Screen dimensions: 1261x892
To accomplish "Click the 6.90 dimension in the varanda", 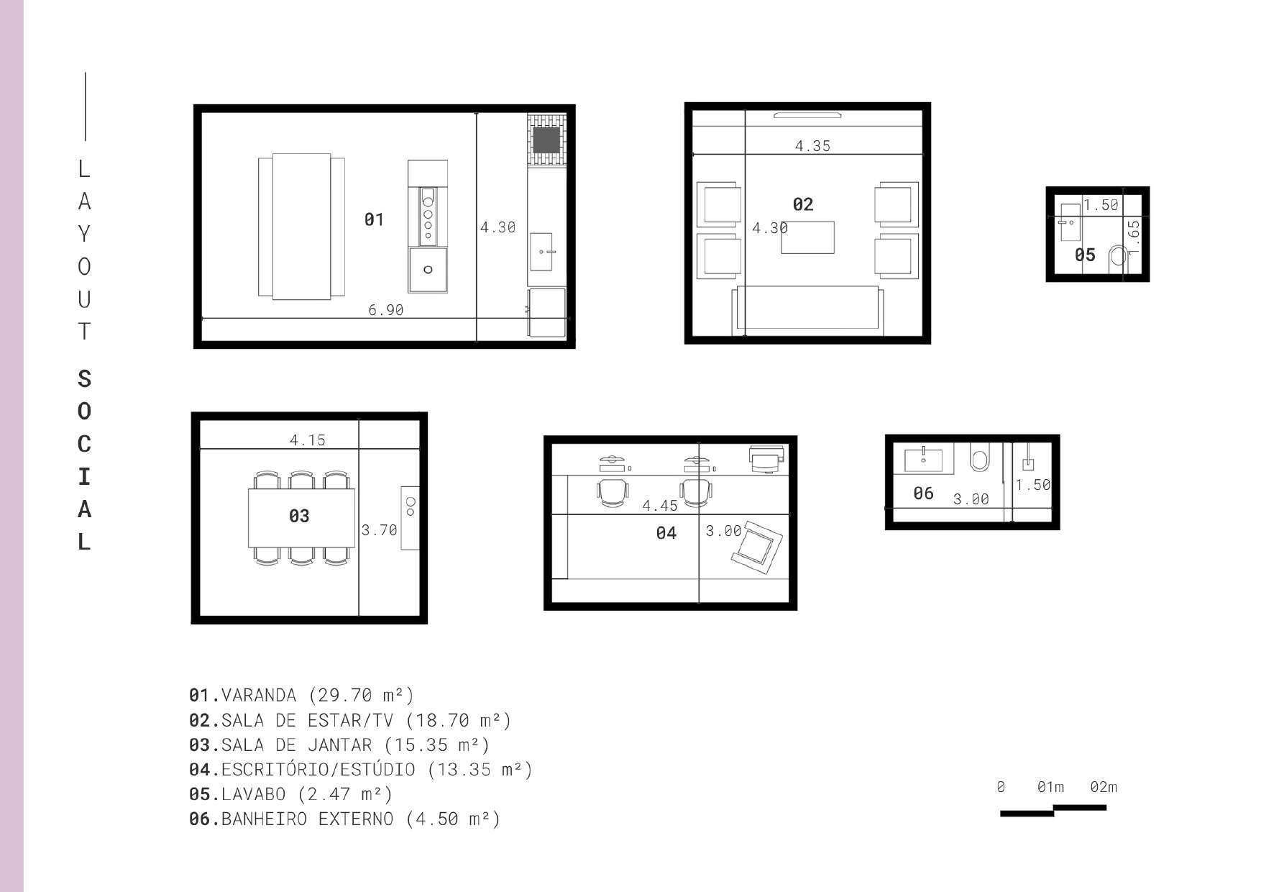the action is pyautogui.click(x=386, y=310).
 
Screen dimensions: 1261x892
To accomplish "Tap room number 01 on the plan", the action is pyautogui.click(x=374, y=219).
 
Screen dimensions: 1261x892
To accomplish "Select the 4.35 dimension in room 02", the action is pyautogui.click(x=812, y=146).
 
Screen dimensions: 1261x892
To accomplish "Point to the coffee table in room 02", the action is pyautogui.click(x=808, y=237).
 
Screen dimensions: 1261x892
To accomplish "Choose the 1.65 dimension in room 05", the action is pyautogui.click(x=1134, y=238).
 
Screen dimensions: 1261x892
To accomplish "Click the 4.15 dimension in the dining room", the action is pyautogui.click(x=308, y=440).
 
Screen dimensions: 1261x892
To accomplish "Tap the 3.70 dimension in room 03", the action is pyautogui.click(x=379, y=530).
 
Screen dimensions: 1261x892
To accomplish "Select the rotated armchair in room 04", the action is pyautogui.click(x=757, y=547).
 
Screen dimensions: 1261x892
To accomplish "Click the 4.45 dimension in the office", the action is pyautogui.click(x=660, y=506).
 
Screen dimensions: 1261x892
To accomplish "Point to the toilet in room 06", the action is pyautogui.click(x=979, y=457).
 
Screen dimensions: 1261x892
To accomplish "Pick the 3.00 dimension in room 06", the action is pyautogui.click(x=971, y=499).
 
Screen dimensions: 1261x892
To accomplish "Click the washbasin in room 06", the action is pyautogui.click(x=924, y=459).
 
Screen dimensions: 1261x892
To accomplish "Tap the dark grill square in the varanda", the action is pyautogui.click(x=546, y=140).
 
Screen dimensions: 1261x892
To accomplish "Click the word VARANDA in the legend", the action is pyautogui.click(x=259, y=696).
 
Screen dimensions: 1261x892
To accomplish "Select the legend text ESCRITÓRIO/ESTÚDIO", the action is pyautogui.click(x=318, y=770).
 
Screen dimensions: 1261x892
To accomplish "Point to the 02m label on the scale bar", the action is pyautogui.click(x=1104, y=787).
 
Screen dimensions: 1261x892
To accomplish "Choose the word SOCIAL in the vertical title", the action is pyautogui.click(x=84, y=460).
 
